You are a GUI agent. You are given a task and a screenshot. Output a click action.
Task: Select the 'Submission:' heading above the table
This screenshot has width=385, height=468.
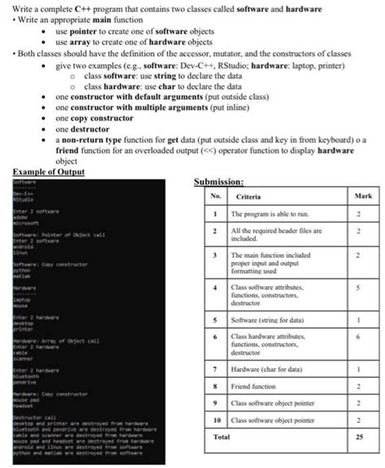pos(222,182)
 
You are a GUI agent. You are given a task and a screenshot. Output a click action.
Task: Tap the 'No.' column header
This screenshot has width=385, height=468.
pos(214,196)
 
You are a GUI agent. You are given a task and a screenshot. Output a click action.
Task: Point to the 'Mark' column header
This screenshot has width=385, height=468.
pos(363,196)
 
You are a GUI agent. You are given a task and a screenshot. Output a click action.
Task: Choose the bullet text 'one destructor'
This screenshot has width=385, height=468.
pos(80,128)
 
